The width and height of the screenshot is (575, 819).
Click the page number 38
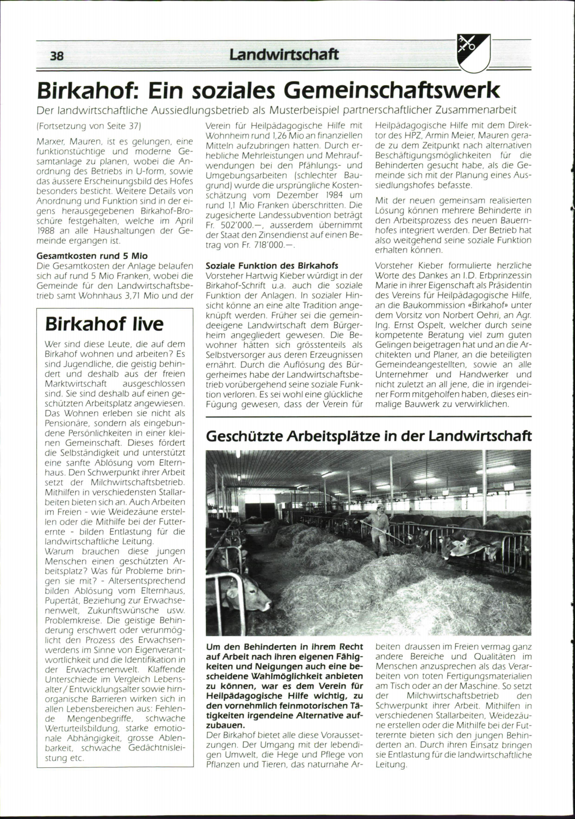[x=57, y=56]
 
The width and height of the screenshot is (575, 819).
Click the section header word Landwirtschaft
[x=284, y=55]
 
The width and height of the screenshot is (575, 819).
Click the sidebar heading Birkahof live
[x=104, y=324]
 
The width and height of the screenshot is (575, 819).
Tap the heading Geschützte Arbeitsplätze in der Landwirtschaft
[x=368, y=436]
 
